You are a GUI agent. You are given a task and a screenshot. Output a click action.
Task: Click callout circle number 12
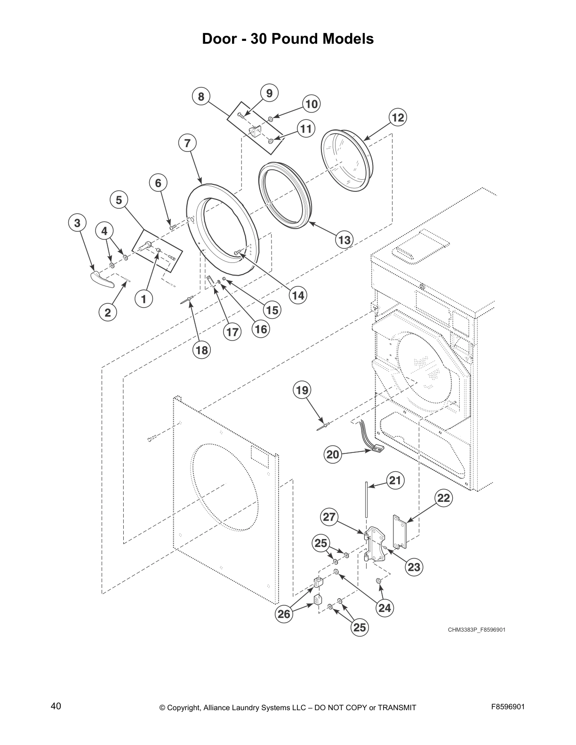(398, 117)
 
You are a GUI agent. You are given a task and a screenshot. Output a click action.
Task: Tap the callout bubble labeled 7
(187, 143)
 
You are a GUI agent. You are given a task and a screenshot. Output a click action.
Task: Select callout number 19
(302, 390)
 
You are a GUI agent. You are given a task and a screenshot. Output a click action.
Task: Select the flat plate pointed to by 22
(400, 532)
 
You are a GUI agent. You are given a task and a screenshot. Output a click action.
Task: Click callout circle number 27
(329, 517)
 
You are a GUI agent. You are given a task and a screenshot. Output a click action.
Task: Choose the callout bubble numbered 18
(201, 350)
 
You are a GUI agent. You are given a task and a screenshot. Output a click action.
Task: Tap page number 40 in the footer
(56, 706)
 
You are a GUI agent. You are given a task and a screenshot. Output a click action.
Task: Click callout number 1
(144, 298)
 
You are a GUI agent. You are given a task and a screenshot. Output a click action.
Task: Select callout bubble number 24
(384, 608)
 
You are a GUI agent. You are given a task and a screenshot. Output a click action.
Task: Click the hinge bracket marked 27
(374, 546)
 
